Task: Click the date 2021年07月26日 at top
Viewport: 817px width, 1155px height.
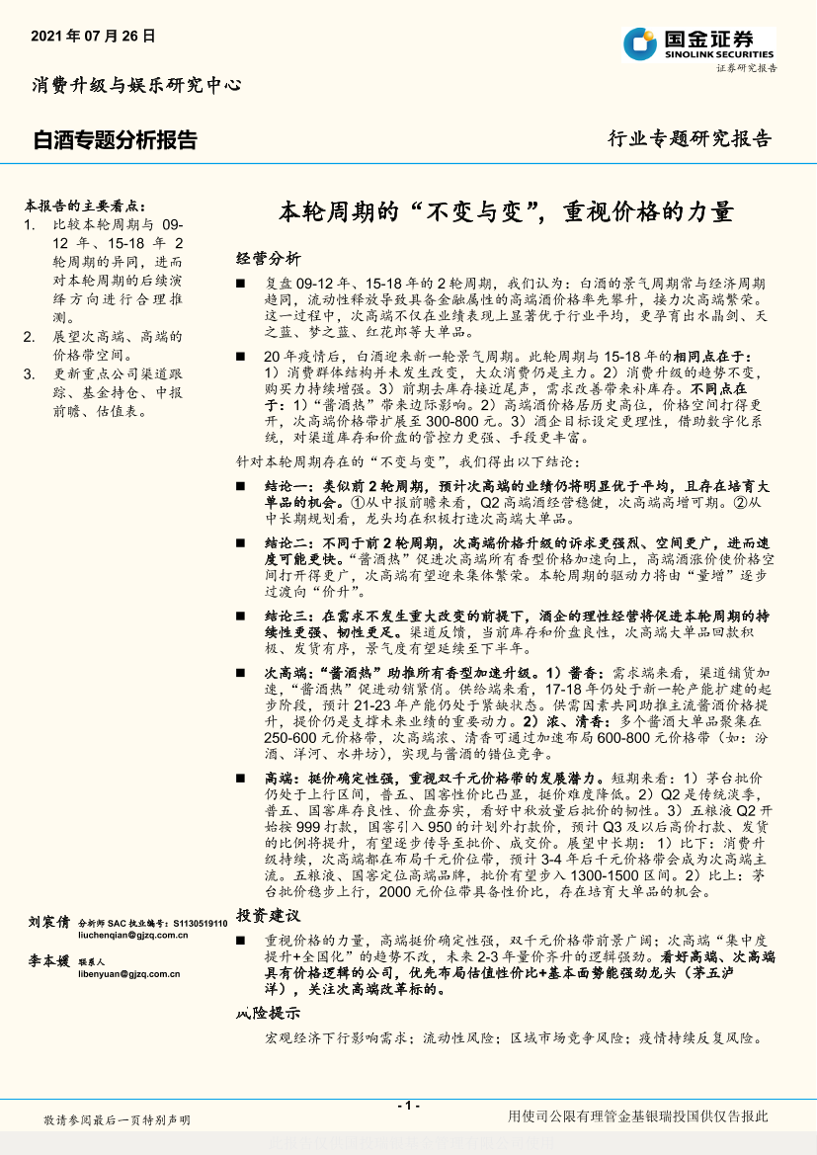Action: pos(94,36)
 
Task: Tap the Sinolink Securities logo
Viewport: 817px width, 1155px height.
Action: pos(698,44)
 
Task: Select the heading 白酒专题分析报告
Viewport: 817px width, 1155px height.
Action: pos(115,140)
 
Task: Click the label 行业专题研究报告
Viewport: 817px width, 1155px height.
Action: pos(689,138)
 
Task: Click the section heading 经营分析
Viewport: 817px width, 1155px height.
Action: pos(269,259)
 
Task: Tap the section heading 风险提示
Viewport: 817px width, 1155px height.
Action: pos(269,1013)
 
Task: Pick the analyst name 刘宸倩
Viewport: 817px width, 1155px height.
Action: pos(49,921)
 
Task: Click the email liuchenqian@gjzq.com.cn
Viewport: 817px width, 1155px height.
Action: pos(129,935)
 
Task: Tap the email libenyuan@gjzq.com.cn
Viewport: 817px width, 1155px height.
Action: pos(129,973)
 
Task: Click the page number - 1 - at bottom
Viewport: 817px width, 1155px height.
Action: pos(409,1106)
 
